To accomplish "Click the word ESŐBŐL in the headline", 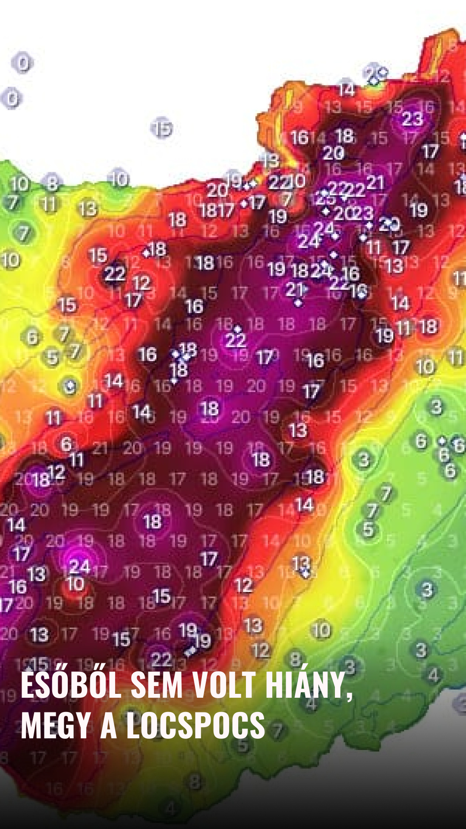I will coord(71,685).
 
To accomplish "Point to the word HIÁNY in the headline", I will coord(308,685).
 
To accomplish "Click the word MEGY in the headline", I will coord(56,726).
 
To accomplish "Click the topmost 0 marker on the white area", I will coord(22,63).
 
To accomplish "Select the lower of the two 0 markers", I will coord(12,98).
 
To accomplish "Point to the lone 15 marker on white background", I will coord(162,128).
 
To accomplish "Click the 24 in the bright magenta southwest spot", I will coord(79,566).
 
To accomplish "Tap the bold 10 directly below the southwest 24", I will coord(76,584).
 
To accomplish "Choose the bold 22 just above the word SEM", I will coord(161,659).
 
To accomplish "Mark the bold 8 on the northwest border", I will coord(52,183).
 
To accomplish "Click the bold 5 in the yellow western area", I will coord(52,357).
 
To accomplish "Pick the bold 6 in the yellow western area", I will coord(32,337).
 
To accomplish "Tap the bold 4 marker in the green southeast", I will coord(433,674).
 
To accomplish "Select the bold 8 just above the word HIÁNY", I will coord(296,659).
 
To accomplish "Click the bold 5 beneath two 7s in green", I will coord(368,529).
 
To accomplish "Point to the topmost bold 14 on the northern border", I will coord(346,89).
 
